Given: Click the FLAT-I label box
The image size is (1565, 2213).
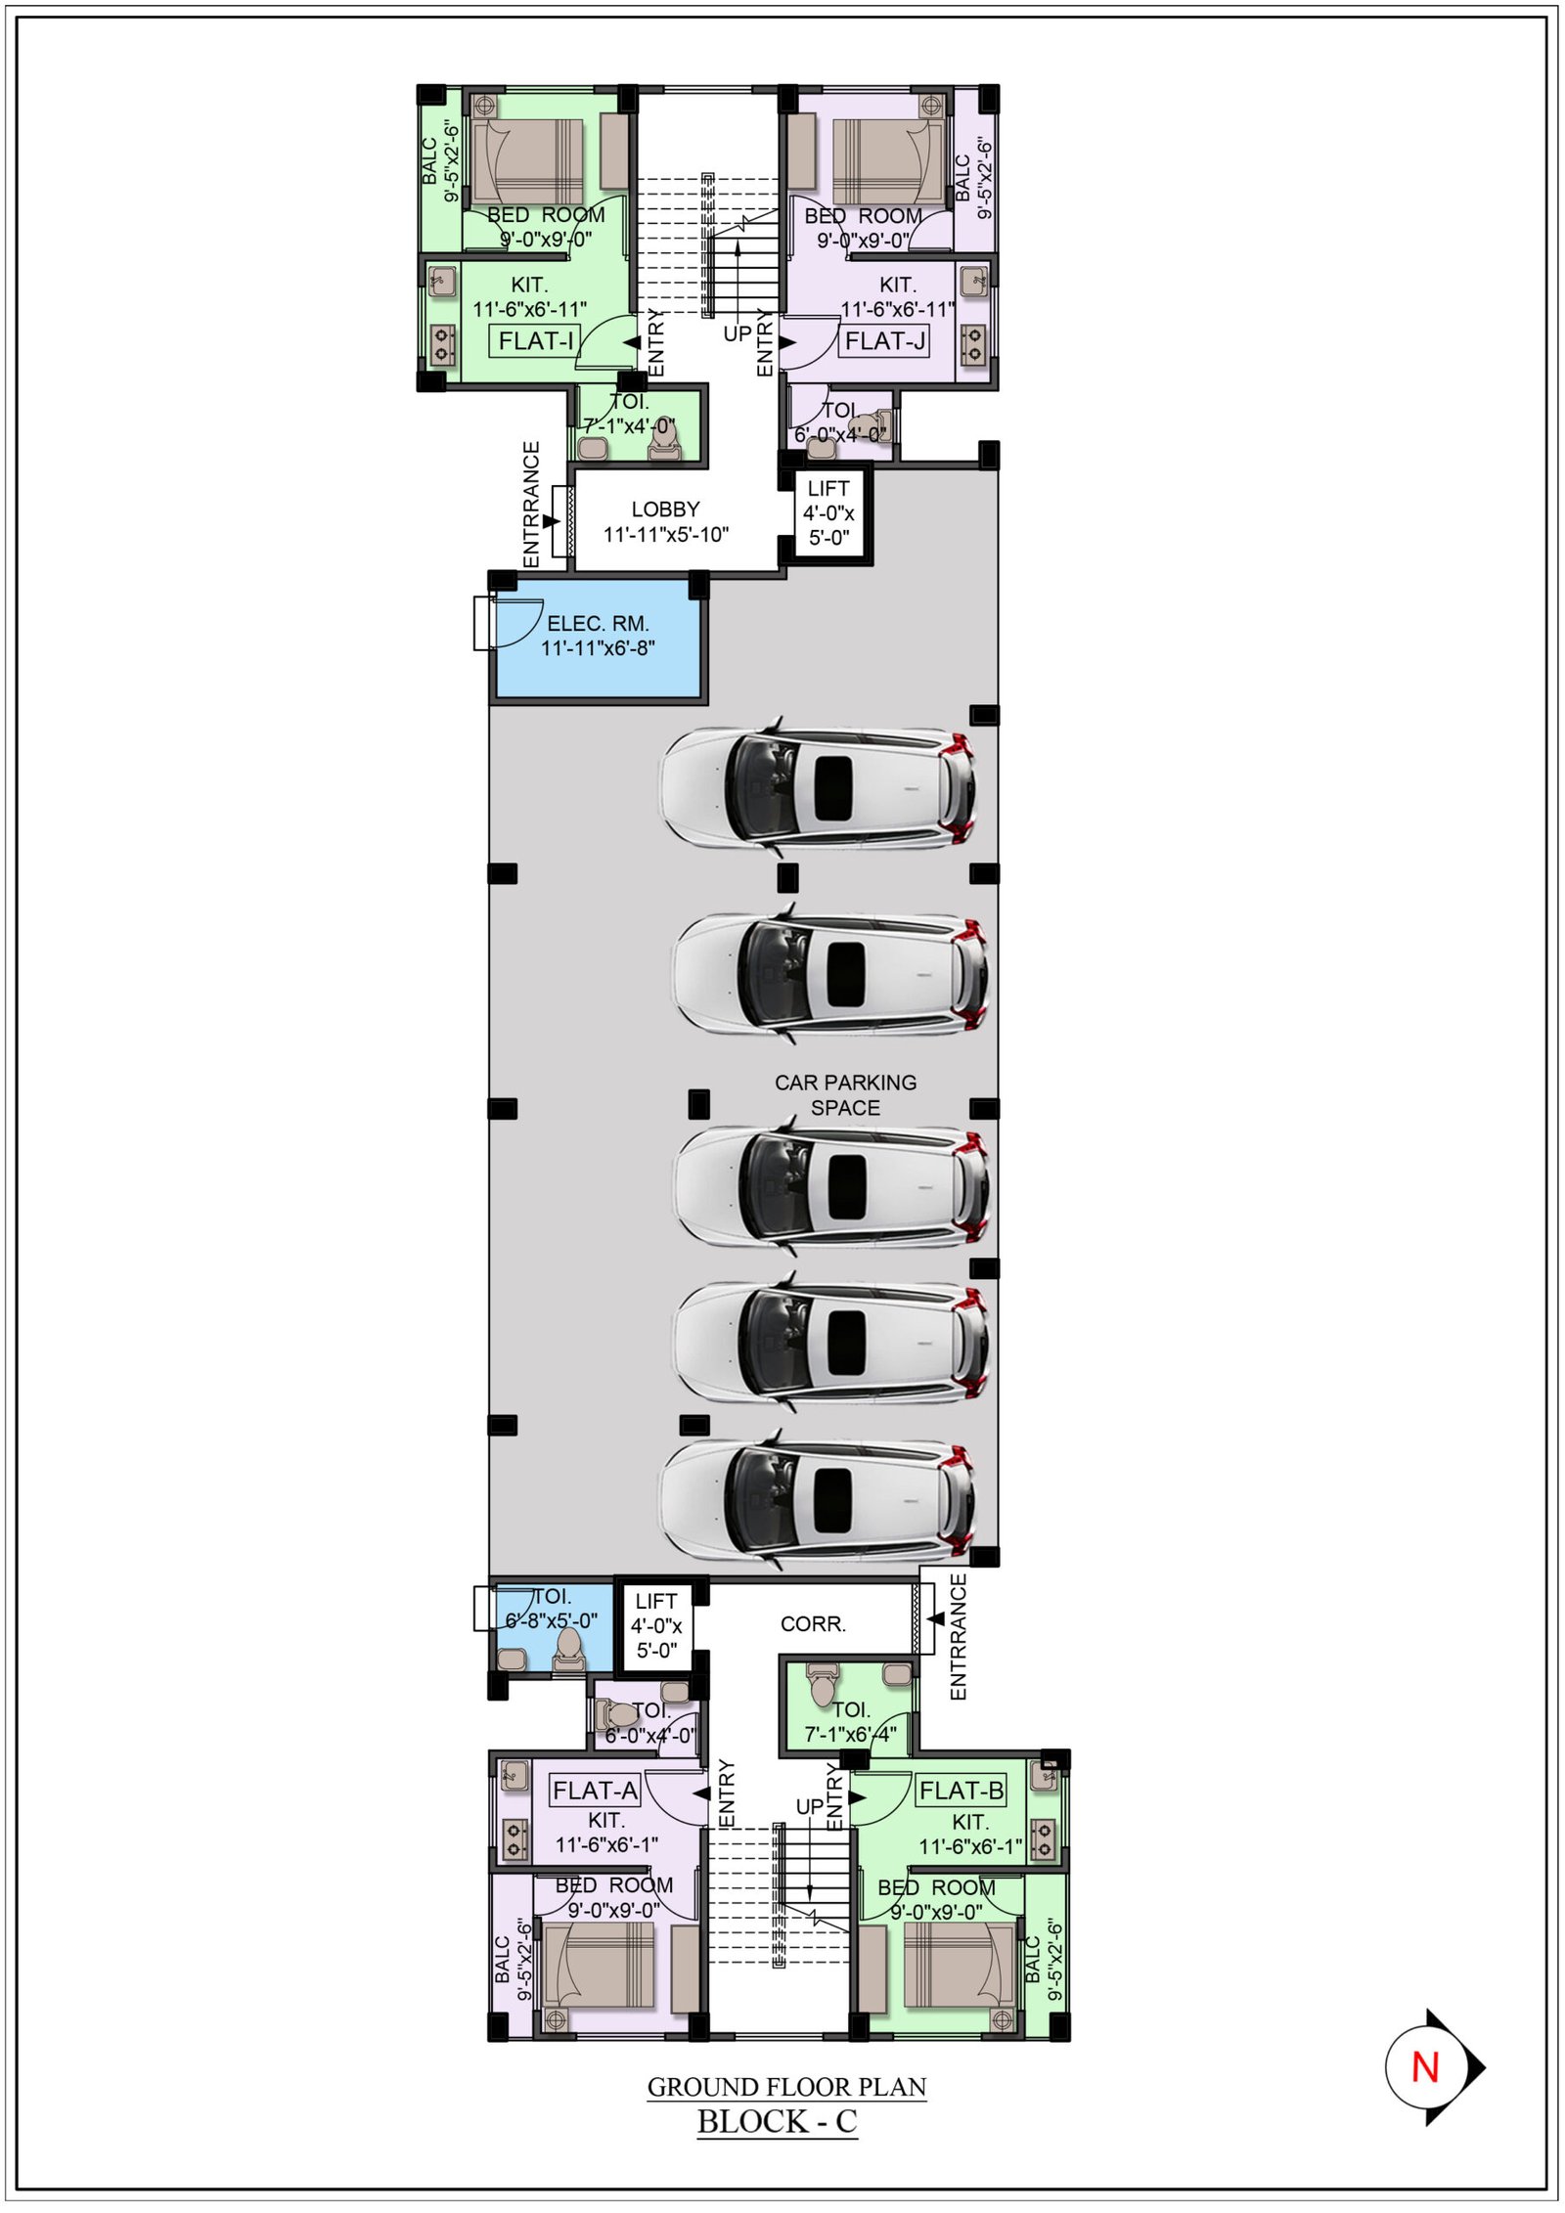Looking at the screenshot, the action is coord(535,340).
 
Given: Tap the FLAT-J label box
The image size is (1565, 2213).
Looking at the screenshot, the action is coord(884,340).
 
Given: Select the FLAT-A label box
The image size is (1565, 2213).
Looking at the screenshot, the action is coord(595,1791).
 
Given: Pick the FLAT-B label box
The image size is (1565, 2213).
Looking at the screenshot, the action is coord(961,1791).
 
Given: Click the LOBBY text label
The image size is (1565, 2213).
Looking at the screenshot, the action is coord(665,509).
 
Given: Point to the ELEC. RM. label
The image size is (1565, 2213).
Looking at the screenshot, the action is coord(598,623).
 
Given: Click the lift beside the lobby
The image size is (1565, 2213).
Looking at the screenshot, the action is coord(828,511).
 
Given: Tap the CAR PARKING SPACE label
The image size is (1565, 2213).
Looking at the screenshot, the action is coord(846,1095).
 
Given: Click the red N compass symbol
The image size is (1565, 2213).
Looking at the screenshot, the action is coord(1426,2067).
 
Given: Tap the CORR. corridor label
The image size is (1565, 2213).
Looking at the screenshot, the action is coord(813,1624).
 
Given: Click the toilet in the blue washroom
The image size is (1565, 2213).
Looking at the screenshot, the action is coord(568,1651).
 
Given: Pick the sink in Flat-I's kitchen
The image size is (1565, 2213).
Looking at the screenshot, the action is coord(442,283).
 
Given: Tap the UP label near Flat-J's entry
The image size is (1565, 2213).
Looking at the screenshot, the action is coord(738,333).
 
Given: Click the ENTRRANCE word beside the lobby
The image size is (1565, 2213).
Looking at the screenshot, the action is coord(531,504).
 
